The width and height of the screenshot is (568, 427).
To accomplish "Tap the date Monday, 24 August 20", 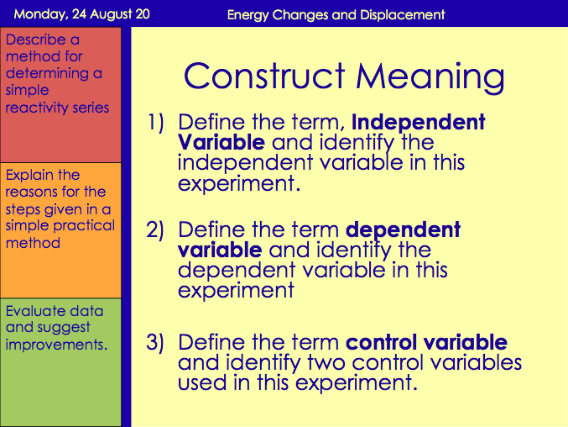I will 79,14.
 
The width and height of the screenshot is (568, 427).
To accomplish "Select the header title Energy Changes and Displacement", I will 336,14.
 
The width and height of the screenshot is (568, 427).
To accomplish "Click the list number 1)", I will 158,123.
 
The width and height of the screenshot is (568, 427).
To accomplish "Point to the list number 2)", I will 158,230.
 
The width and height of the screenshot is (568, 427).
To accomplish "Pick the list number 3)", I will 158,343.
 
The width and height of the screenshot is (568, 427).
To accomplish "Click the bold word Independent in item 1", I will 418,123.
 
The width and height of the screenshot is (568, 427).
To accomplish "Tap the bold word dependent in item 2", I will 403,230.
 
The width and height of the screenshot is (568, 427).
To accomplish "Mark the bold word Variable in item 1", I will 221,142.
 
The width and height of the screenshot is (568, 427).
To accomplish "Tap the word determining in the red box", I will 44,74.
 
